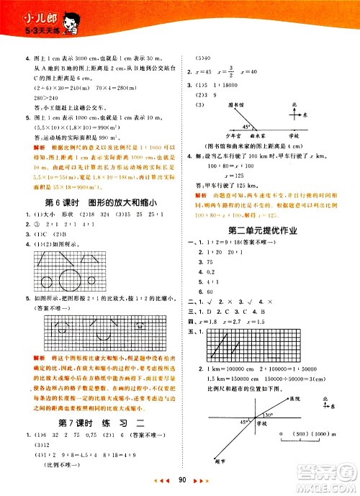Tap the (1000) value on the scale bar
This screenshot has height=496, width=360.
click(x=327, y=436)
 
